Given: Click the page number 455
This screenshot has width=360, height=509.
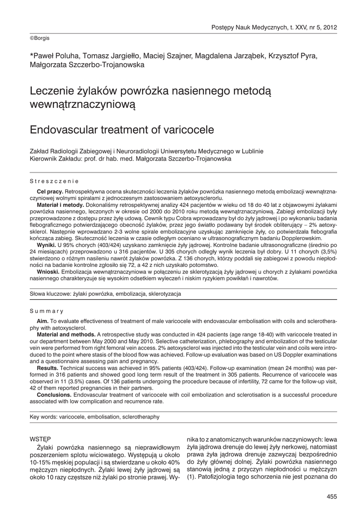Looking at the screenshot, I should pos(332,496).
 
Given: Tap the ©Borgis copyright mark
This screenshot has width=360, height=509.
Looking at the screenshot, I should pos(40,38).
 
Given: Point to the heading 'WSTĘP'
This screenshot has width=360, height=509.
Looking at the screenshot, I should pos(41,439).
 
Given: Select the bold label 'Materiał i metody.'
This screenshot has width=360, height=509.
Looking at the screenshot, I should pos(61,205).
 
